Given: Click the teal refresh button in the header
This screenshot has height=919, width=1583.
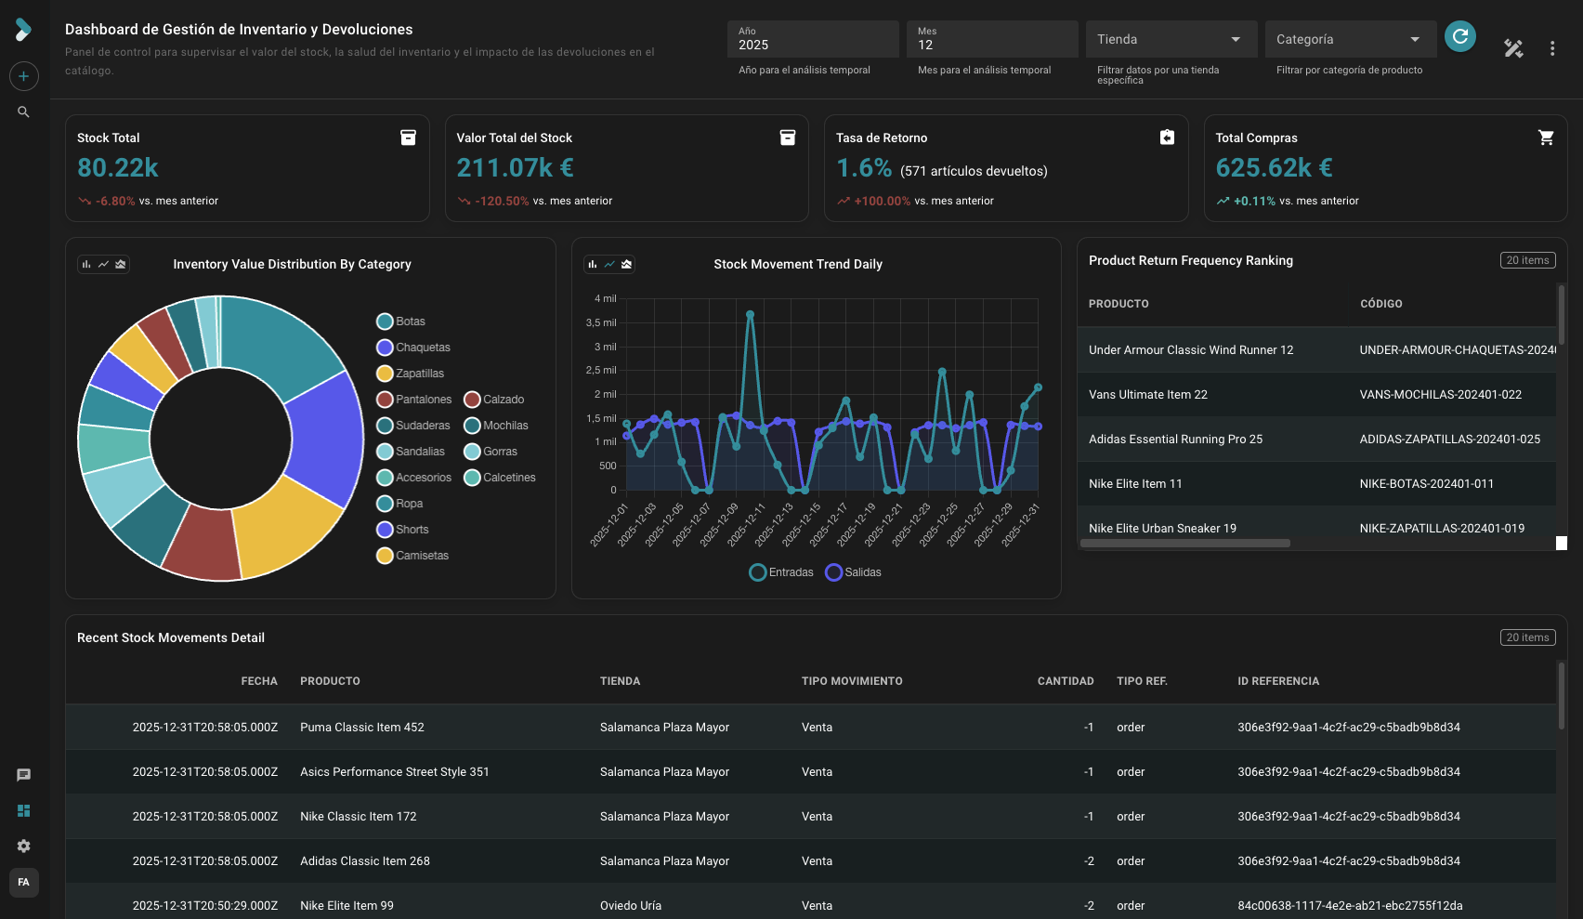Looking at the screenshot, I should pyautogui.click(x=1460, y=36).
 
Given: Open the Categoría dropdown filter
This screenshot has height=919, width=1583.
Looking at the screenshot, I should pyautogui.click(x=1349, y=39).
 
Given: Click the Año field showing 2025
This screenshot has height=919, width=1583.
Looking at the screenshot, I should pyautogui.click(x=812, y=39).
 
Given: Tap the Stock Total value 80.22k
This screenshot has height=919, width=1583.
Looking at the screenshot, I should pyautogui.click(x=118, y=168).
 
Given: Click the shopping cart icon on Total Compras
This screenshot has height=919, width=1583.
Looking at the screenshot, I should pyautogui.click(x=1546, y=138).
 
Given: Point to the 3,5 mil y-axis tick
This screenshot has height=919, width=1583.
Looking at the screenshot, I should pyautogui.click(x=601, y=322).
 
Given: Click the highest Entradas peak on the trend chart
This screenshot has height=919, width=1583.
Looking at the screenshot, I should pyautogui.click(x=750, y=315).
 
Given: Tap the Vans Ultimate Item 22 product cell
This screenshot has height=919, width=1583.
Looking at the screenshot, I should pyautogui.click(x=1148, y=395).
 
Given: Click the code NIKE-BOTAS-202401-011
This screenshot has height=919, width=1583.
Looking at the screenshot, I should pyautogui.click(x=1426, y=484).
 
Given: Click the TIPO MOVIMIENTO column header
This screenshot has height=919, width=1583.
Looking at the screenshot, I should pyautogui.click(x=852, y=681).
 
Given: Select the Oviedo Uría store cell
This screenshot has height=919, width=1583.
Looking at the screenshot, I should pyautogui.click(x=631, y=906).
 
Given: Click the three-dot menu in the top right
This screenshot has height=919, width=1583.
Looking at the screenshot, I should pyautogui.click(x=1552, y=48).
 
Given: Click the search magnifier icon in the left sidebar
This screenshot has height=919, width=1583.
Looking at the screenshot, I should pyautogui.click(x=23, y=112).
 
